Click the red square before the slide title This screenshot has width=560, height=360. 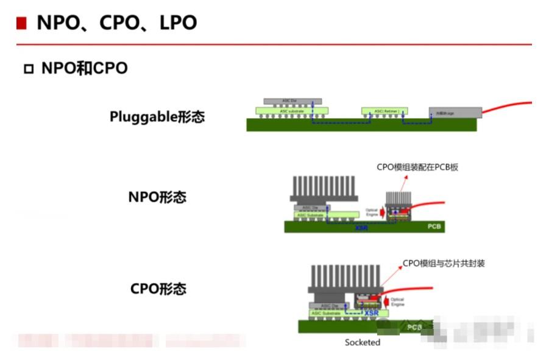tap(21, 23)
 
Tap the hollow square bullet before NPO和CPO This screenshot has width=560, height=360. tap(28, 69)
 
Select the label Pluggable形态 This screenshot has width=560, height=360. tap(157, 116)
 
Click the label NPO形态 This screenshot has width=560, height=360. tap(157, 197)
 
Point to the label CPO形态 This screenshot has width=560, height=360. tap(158, 289)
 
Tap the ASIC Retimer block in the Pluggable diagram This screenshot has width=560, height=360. tap(384, 111)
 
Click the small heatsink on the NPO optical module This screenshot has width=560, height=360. tap(400, 199)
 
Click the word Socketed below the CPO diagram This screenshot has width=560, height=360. tap(362, 342)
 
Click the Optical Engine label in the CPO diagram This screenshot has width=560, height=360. tap(397, 302)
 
